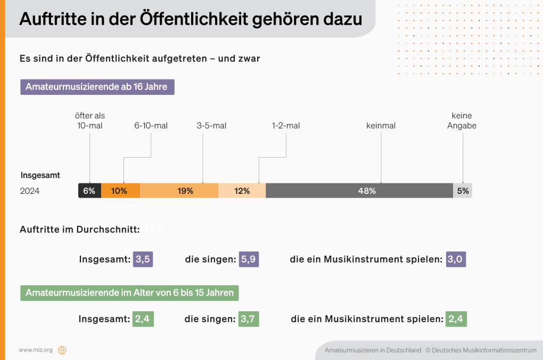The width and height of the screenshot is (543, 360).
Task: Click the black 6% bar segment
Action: click(x=89, y=191)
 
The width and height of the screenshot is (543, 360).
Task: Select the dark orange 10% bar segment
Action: click(x=121, y=191)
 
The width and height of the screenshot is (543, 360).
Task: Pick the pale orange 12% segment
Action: click(x=242, y=191)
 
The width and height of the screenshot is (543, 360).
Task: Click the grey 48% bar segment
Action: click(x=359, y=191)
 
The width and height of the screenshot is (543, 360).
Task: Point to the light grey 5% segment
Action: click(x=463, y=191)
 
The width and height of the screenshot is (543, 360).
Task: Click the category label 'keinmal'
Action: click(x=381, y=126)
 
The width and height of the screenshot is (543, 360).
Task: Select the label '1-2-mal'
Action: click(x=286, y=126)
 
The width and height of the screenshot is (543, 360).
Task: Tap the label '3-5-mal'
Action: click(x=211, y=126)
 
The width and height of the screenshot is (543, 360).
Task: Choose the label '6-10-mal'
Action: click(x=151, y=126)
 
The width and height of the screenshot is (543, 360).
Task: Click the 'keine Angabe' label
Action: click(x=462, y=121)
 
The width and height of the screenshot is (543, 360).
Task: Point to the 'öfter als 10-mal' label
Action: click(x=89, y=121)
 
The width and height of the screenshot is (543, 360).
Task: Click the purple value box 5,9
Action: click(x=249, y=259)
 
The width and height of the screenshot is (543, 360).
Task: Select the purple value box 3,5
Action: click(x=143, y=259)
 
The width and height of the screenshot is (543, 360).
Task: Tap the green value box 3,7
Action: click(x=249, y=319)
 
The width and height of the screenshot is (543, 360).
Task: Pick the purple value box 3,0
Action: click(x=456, y=259)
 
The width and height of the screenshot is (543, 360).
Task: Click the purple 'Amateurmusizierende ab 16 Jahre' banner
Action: click(x=97, y=87)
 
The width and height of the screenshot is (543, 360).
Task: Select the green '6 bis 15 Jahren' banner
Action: click(x=129, y=293)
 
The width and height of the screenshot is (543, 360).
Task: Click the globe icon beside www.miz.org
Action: click(x=62, y=350)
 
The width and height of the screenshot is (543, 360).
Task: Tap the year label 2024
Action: click(x=30, y=191)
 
